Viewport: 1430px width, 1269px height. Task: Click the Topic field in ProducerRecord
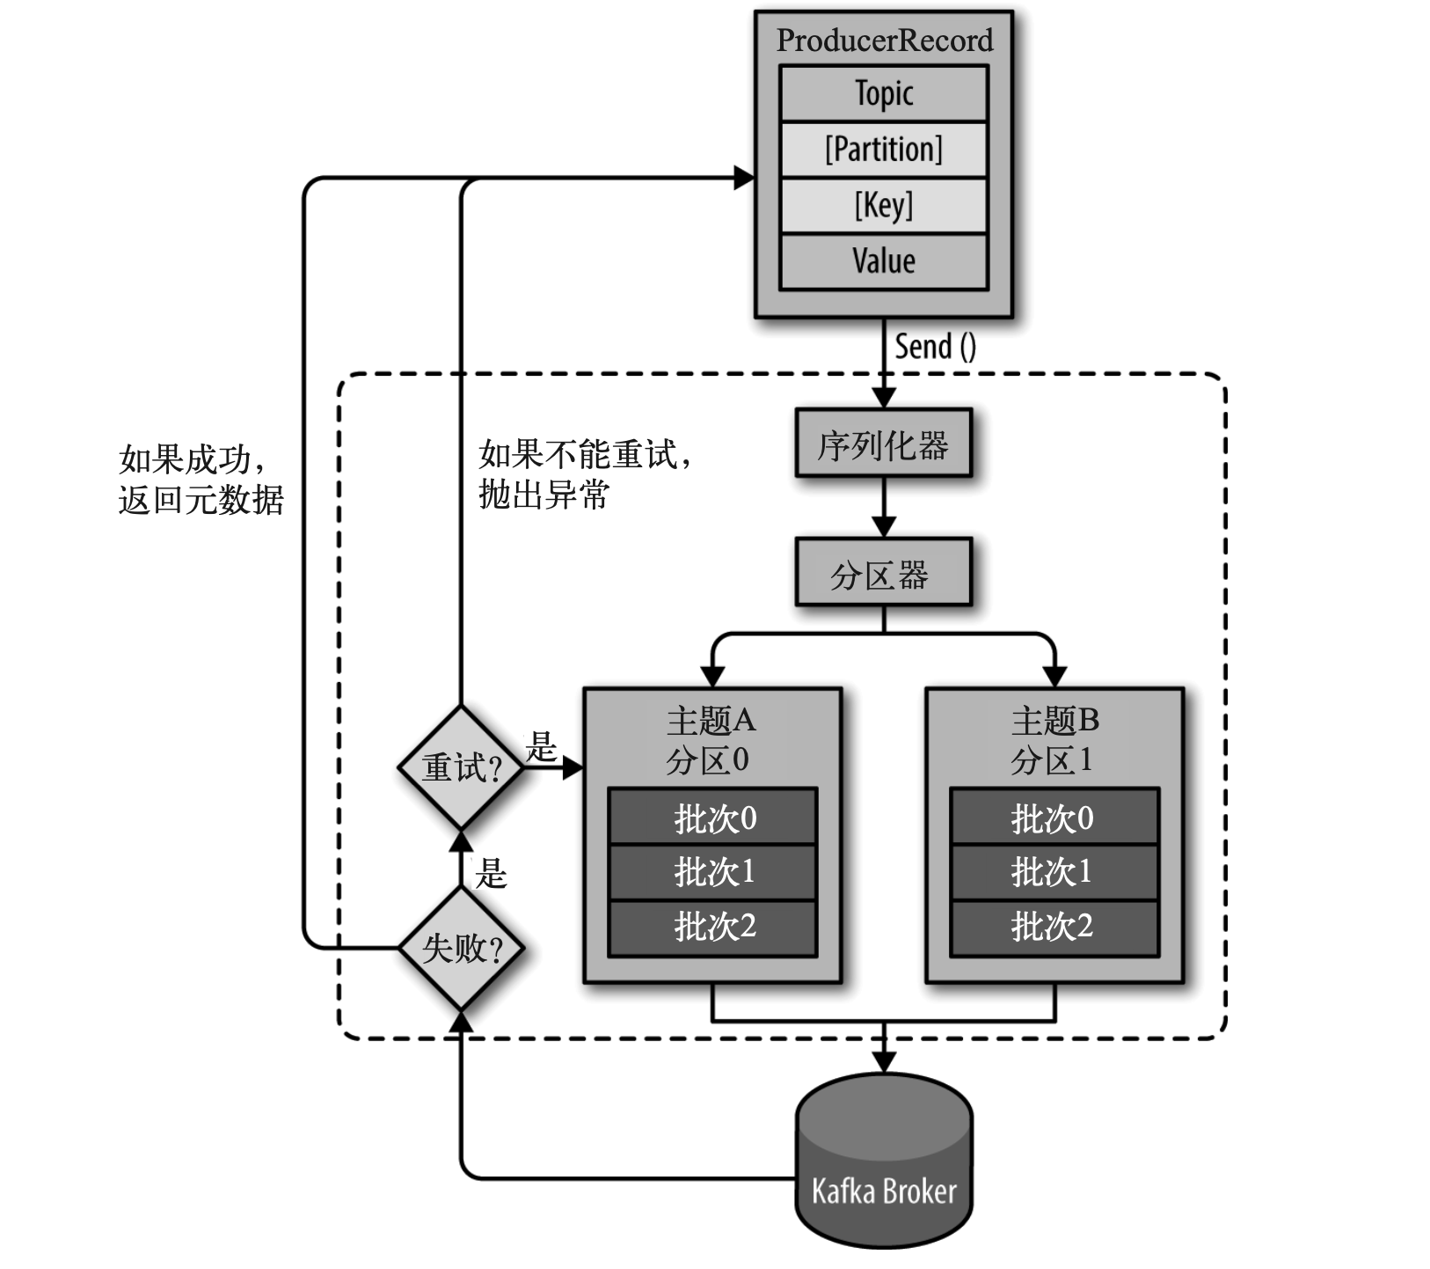point(884,93)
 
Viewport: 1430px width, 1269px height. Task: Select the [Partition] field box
point(884,150)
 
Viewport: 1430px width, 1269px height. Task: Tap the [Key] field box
point(884,206)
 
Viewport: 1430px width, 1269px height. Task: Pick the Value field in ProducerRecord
point(884,261)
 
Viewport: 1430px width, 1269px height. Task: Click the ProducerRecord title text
point(884,40)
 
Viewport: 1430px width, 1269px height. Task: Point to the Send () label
point(935,347)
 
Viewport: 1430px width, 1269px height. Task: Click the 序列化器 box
point(883,444)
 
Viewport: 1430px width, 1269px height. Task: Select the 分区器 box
point(883,573)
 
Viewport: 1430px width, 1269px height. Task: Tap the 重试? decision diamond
point(461,767)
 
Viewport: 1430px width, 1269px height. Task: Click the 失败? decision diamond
point(461,948)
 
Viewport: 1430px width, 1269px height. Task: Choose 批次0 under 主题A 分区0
point(713,818)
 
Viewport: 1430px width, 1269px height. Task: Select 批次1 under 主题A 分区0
point(713,872)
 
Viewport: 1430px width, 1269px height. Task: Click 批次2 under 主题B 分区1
point(1054,927)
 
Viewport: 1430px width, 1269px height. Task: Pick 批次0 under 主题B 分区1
point(1054,818)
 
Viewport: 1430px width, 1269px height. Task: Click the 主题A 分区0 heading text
point(710,740)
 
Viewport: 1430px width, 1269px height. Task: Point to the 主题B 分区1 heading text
point(1054,740)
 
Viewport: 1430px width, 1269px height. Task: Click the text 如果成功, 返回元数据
point(201,480)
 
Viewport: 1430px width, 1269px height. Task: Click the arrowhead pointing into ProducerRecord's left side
point(744,179)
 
